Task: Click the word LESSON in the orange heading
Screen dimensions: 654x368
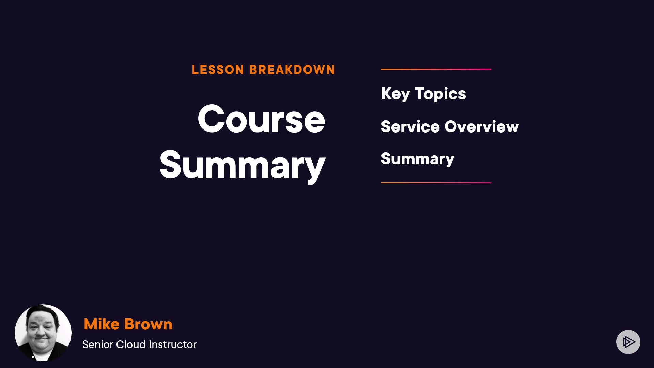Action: tap(218, 70)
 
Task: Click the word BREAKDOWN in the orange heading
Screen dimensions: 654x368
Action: tap(292, 70)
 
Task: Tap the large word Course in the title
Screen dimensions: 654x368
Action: tap(261, 119)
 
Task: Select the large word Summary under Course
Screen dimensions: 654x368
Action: tap(243, 166)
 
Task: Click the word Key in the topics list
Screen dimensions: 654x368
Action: tap(395, 94)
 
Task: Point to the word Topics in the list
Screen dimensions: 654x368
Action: tap(440, 94)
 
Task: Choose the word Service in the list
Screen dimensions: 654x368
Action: tap(410, 127)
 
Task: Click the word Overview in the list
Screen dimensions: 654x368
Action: tap(482, 127)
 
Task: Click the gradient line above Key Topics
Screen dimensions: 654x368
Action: tap(436, 69)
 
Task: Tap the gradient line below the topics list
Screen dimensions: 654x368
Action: tap(436, 183)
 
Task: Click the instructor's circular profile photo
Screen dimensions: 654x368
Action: tap(43, 333)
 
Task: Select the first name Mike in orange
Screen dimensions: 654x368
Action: tap(102, 324)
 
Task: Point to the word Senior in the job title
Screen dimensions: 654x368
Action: tap(98, 344)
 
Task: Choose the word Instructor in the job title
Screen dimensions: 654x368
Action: tap(173, 344)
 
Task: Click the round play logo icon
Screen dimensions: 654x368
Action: tap(628, 342)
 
